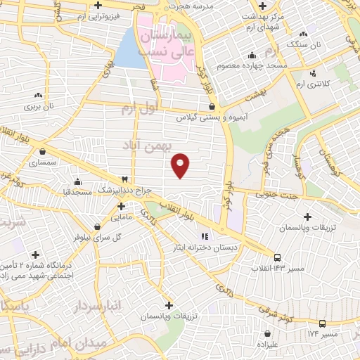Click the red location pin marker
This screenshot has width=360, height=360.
point(181,165)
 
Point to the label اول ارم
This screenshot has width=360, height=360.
point(137,109)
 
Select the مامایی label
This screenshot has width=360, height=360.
point(107,217)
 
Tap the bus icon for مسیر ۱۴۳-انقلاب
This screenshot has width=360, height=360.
point(278,257)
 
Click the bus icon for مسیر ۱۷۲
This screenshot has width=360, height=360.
point(322,323)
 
